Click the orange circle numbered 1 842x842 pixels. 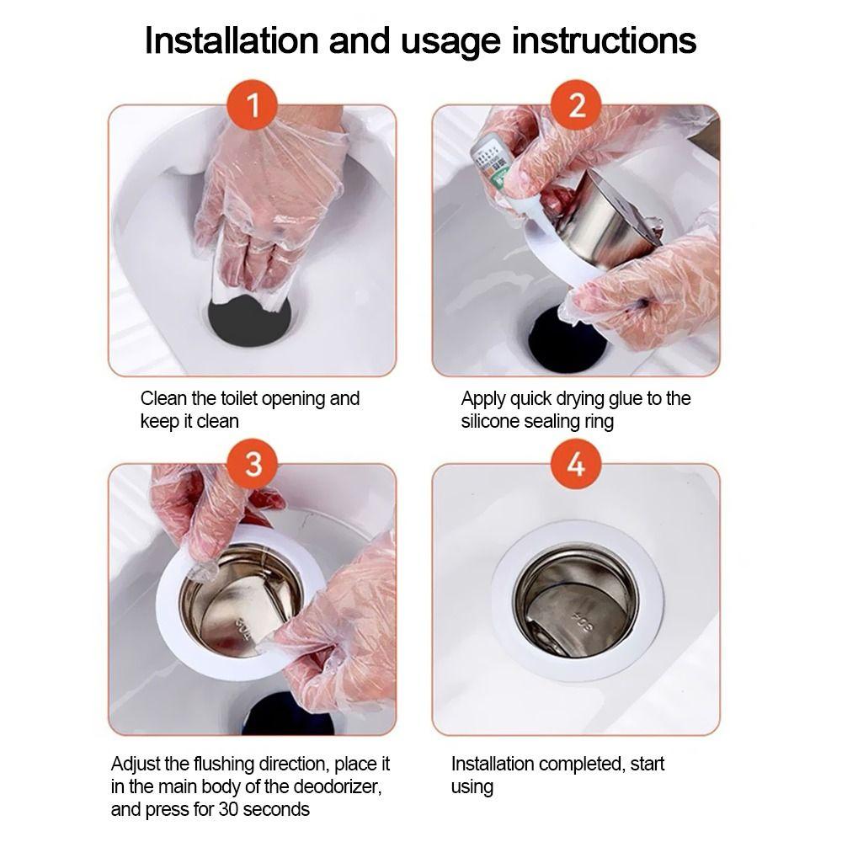pos(253,104)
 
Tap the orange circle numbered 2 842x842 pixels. pos(577,104)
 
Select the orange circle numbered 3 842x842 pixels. pos(253,463)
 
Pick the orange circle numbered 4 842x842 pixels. pos(577,463)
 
